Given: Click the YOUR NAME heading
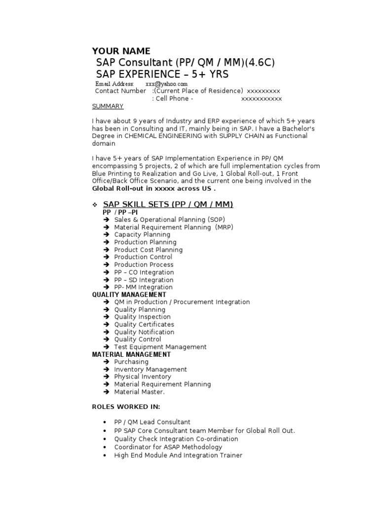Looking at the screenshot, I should point(121,51).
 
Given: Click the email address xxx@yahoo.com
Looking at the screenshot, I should point(166,84).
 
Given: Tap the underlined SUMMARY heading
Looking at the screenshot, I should point(108,106).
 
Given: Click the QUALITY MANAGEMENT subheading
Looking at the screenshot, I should point(129,295).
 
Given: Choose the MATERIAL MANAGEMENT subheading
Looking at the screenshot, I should point(131,354).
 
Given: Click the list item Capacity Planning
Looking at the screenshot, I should point(142,235).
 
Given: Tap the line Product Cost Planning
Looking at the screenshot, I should point(148,250).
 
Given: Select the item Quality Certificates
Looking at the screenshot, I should point(144,325).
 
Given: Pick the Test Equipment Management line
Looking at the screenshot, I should point(160,347).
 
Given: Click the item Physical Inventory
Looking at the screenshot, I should point(143,377).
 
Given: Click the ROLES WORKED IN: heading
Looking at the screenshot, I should point(126,407).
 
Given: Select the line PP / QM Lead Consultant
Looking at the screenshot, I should point(152,422).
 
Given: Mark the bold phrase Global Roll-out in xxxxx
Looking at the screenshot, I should point(141,188).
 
